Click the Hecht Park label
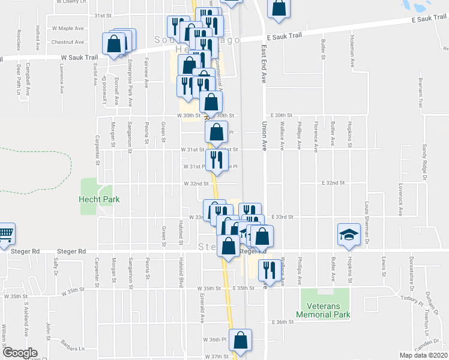pyautogui.click(x=100, y=199)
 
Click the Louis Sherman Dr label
pyautogui.click(x=366, y=221)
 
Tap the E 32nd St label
pyautogui.click(x=333, y=182)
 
